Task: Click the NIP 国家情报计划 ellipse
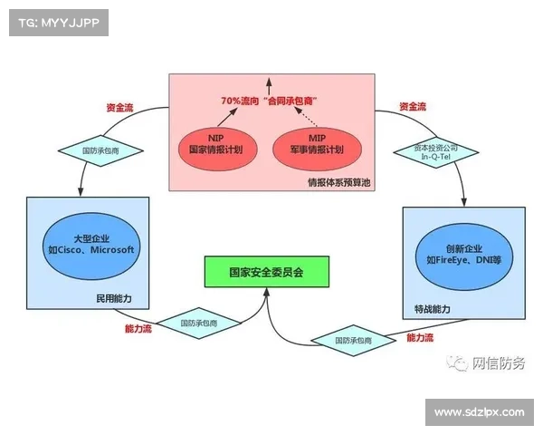(218, 149)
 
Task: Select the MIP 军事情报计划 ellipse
(318, 149)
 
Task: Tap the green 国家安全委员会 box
(267, 272)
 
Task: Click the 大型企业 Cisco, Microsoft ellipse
(91, 246)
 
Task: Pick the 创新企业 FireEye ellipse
(464, 256)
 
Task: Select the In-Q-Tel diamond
(436, 152)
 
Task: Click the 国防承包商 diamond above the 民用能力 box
(100, 150)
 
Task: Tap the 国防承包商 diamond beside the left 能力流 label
(199, 323)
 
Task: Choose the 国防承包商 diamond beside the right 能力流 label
(353, 341)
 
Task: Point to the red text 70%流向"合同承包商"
(270, 101)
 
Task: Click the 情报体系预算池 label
(339, 182)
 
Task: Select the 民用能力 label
(114, 298)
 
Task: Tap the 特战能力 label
(433, 309)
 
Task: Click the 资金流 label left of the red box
(119, 108)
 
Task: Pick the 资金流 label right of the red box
(413, 107)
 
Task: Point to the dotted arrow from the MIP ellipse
(306, 117)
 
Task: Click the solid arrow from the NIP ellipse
(227, 117)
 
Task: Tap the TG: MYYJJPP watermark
(59, 23)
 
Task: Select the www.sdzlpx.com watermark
(480, 412)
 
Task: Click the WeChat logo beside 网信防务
(457, 363)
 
